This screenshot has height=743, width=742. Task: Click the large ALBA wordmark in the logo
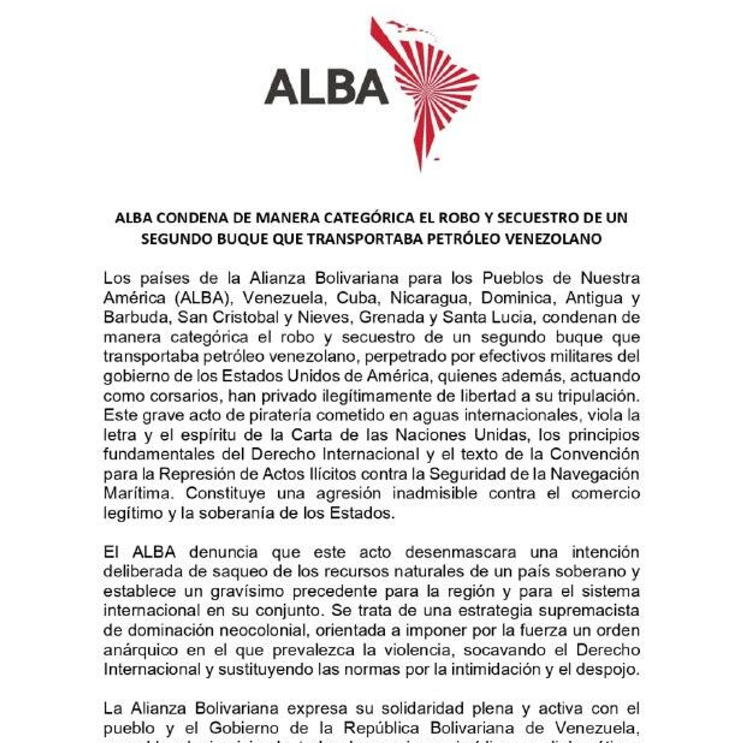click(327, 87)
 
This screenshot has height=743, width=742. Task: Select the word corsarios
click(179, 396)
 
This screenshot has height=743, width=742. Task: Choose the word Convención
click(594, 454)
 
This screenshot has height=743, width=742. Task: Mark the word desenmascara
click(460, 553)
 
